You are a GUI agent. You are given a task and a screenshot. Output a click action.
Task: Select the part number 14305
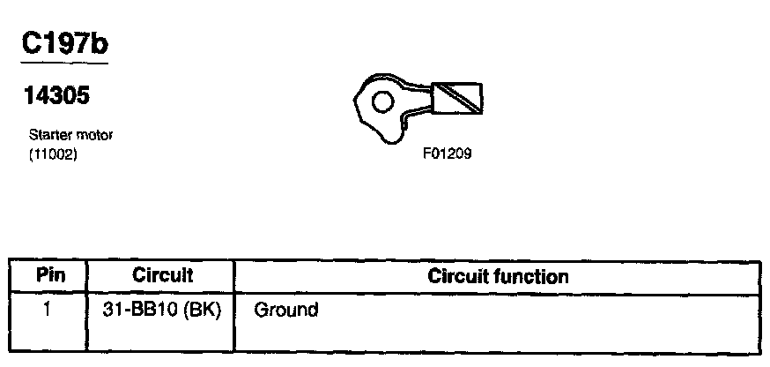click(x=56, y=96)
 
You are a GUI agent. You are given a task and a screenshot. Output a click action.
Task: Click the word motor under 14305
click(x=94, y=135)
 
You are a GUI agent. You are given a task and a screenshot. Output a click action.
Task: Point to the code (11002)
click(x=48, y=152)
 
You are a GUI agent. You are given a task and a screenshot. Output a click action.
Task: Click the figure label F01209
click(x=447, y=153)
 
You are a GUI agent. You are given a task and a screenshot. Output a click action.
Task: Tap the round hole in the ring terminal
click(x=381, y=101)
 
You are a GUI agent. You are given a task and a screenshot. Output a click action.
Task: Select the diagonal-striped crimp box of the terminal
click(x=458, y=97)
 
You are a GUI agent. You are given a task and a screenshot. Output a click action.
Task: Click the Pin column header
click(x=48, y=276)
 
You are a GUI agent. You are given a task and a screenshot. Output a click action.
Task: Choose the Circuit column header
click(x=161, y=276)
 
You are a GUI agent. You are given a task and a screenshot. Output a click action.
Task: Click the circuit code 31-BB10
click(x=137, y=311)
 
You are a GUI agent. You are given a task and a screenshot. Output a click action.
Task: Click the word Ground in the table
click(x=285, y=311)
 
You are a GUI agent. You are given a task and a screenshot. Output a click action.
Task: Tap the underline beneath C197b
click(x=63, y=64)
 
